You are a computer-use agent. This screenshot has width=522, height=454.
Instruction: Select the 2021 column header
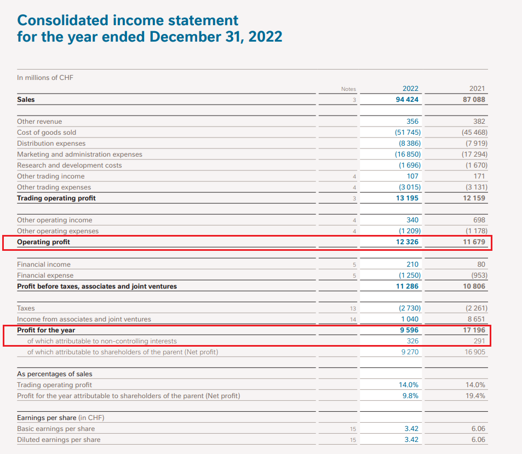click(477, 89)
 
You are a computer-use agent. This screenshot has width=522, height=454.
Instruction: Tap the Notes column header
click(348, 89)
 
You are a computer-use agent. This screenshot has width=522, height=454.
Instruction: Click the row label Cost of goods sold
click(47, 133)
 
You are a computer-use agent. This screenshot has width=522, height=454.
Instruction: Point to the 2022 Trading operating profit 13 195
click(408, 198)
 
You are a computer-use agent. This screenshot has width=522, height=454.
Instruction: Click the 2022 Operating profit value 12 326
click(408, 242)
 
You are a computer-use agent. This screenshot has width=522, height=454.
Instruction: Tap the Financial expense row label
click(45, 275)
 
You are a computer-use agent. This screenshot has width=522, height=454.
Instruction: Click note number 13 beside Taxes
click(353, 308)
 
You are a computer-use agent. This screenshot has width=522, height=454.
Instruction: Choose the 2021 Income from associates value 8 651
click(476, 319)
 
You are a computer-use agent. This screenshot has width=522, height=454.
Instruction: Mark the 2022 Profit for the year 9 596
click(409, 330)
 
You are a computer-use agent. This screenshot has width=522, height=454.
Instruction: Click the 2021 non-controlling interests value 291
click(479, 341)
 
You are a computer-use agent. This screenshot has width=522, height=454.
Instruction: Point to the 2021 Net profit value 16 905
click(475, 352)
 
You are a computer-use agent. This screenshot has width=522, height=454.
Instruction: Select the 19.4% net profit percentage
click(475, 396)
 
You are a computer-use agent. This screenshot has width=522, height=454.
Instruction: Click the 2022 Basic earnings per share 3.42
click(411, 429)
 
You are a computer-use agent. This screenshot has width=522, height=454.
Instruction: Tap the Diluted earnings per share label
click(59, 440)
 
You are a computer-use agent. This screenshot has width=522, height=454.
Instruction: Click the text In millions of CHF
click(45, 78)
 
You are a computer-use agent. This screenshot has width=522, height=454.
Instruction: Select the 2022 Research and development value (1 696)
click(408, 165)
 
